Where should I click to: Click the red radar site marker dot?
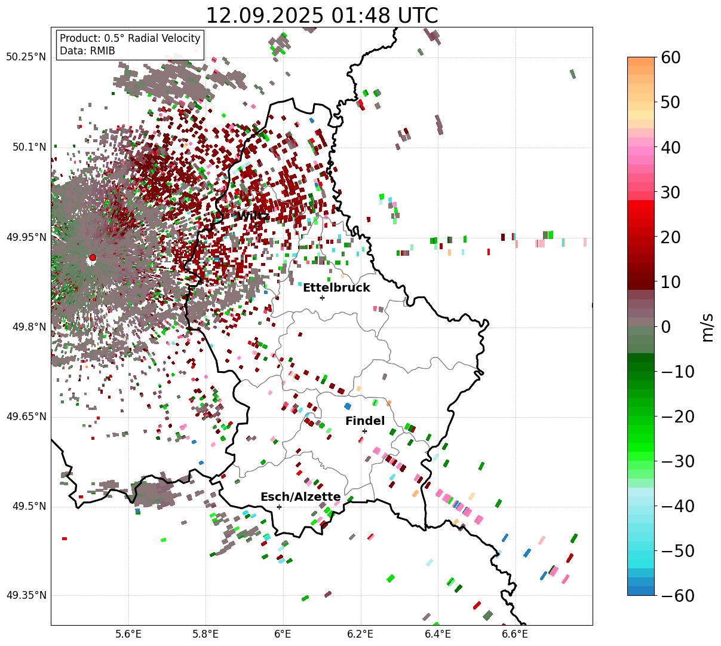pos(93,258)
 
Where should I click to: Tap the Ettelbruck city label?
pos(336,288)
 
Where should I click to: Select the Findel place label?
pos(365,421)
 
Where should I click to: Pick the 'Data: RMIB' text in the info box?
pos(87,51)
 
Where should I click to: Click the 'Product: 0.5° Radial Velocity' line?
pos(130,38)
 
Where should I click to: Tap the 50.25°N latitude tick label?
pos(26,57)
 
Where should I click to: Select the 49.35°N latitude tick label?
pos(26,596)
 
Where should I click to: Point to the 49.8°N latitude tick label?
pos(29,327)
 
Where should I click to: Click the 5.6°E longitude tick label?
pos(128,633)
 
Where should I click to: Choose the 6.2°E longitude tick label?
pos(360,633)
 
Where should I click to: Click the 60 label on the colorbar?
pos(671,57)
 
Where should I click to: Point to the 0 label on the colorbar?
pos(665,327)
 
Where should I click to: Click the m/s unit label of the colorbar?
pos(708,327)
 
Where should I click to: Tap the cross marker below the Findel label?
pos(364,431)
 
